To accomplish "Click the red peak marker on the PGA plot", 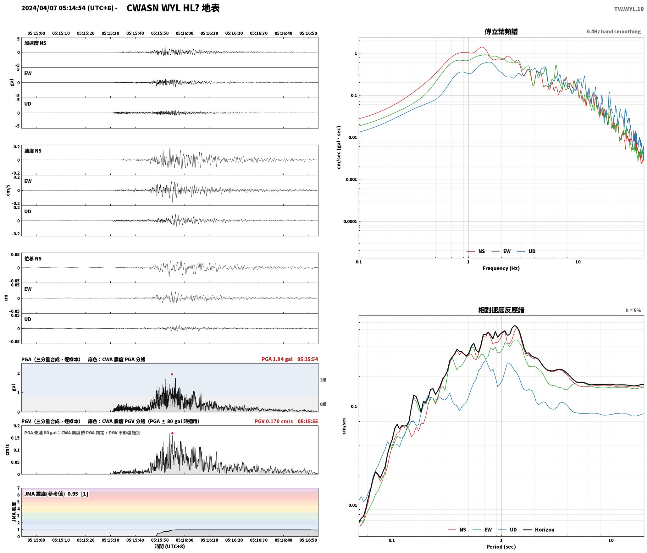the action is (x=172, y=374).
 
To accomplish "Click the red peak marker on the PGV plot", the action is (x=172, y=433).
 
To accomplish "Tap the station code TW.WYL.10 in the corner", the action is (x=629, y=9).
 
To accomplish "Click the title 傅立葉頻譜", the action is (x=501, y=32).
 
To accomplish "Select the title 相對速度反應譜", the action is (x=501, y=310).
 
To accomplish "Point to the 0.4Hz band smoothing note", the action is (x=614, y=32).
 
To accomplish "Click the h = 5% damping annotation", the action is (x=633, y=310).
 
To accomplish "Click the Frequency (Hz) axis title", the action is (x=501, y=268).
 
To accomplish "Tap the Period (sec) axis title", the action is (x=501, y=547).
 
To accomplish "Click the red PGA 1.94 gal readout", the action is (x=277, y=359).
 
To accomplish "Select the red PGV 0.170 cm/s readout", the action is (x=274, y=421).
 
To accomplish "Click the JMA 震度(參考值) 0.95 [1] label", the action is (x=56, y=494).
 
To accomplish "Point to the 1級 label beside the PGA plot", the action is (x=323, y=380).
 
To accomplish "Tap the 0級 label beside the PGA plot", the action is (x=323, y=404).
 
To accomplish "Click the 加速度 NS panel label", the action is (x=35, y=43).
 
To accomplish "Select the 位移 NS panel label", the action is (x=33, y=259).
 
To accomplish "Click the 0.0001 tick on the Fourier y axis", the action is (x=350, y=222).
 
